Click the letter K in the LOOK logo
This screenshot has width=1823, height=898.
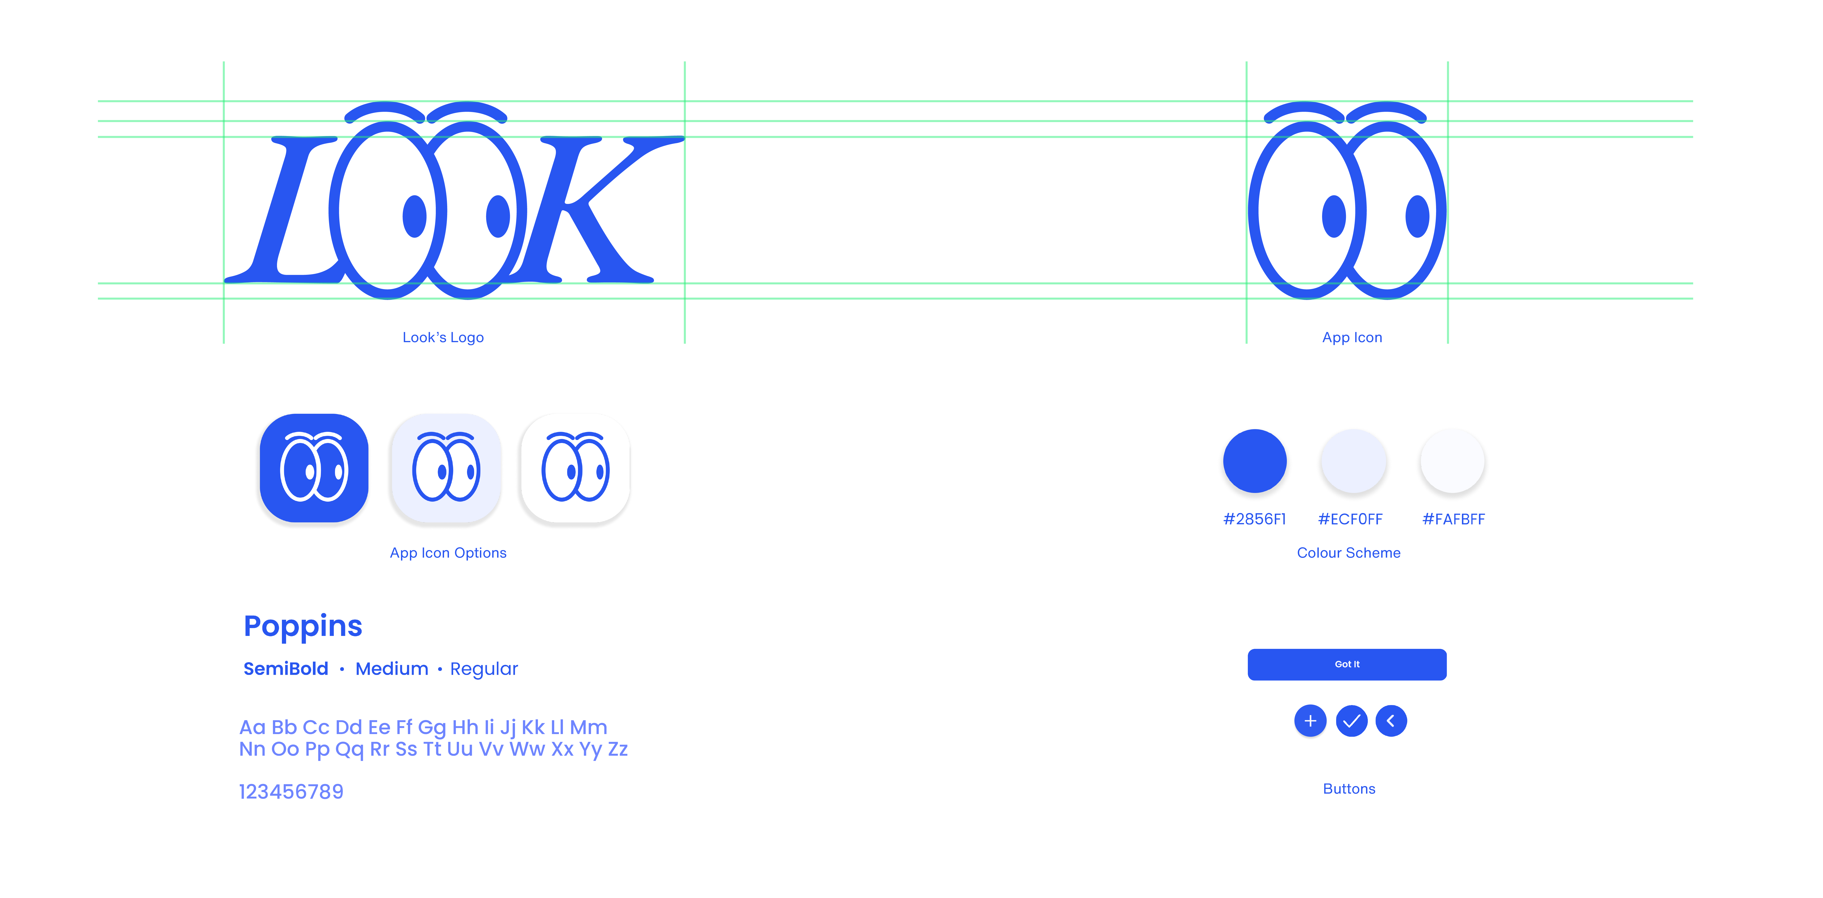[587, 212]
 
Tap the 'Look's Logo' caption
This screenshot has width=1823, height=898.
[443, 337]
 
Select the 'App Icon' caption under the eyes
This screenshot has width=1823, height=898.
[1352, 337]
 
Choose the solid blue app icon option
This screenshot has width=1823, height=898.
[314, 469]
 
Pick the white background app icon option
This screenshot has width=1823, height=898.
[575, 469]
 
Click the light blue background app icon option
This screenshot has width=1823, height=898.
[446, 469]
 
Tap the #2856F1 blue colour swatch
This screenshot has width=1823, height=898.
[1255, 462]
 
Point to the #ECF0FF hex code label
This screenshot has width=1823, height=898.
[1350, 519]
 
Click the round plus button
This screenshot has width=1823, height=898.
[1310, 721]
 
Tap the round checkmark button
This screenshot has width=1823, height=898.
[1351, 721]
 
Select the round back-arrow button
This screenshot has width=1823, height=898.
[1391, 721]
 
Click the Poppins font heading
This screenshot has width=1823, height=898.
[303, 626]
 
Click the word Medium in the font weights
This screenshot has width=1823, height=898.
[391, 669]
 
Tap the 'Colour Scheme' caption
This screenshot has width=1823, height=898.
[1348, 553]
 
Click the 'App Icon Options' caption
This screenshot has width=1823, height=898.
[448, 553]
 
